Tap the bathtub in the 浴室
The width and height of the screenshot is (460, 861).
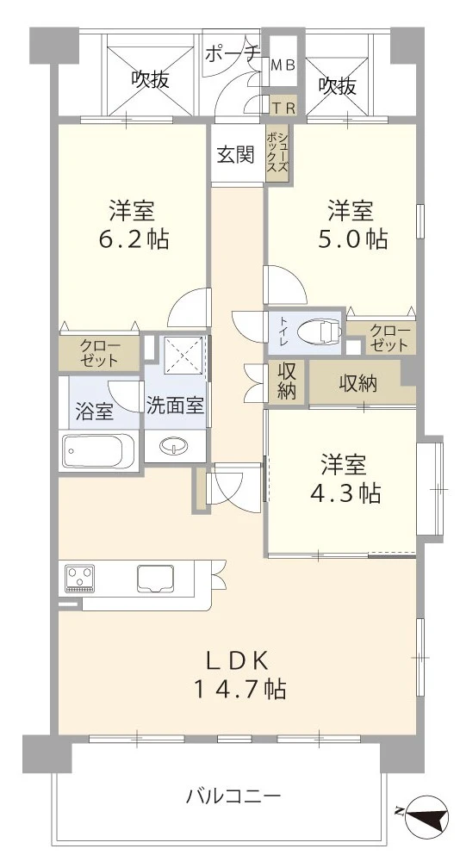96,450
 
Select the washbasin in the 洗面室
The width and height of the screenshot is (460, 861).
176,447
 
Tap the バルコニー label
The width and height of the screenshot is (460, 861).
233,796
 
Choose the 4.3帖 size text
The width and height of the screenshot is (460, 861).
344,493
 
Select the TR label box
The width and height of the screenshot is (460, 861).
283,107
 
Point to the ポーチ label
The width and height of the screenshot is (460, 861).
233,53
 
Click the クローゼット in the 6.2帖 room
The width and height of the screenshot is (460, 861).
100,353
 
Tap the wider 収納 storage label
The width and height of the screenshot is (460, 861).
357,384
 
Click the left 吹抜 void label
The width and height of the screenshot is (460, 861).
150,80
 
